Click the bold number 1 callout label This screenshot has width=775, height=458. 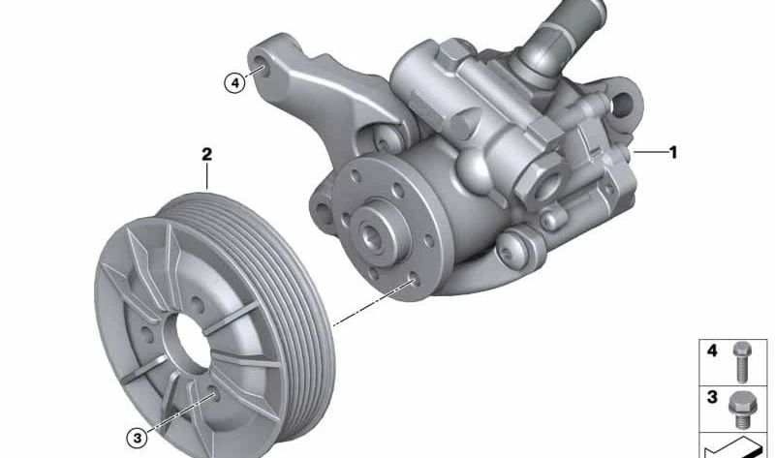(x=673, y=152)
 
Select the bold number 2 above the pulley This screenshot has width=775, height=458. (x=206, y=155)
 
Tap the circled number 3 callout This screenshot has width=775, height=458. (x=138, y=439)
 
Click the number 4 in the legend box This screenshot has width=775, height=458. (x=712, y=351)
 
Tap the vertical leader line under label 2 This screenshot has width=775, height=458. (x=206, y=176)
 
